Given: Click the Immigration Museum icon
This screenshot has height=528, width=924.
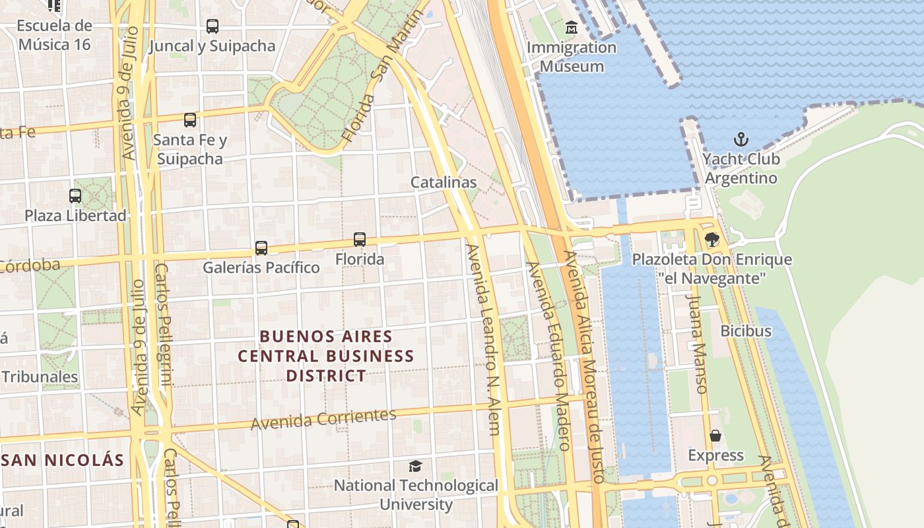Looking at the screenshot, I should pyautogui.click(x=572, y=28).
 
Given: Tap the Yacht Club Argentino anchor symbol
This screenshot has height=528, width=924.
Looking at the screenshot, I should pyautogui.click(x=741, y=139).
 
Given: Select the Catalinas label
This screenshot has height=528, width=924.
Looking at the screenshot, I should pyautogui.click(x=444, y=182).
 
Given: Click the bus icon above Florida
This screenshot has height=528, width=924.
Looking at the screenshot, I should pyautogui.click(x=360, y=240).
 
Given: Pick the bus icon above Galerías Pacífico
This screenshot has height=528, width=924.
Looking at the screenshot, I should pyautogui.click(x=261, y=248).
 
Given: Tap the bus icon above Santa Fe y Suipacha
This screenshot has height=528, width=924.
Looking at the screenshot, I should pyautogui.click(x=190, y=120).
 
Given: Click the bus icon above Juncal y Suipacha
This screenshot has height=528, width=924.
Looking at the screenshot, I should pyautogui.click(x=212, y=26).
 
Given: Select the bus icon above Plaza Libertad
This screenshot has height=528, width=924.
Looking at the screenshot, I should pyautogui.click(x=75, y=196).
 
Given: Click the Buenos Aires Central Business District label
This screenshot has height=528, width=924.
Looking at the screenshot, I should pyautogui.click(x=326, y=356).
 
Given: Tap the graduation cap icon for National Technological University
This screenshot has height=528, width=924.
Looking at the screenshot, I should pyautogui.click(x=415, y=467).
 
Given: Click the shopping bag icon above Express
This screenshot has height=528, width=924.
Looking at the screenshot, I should pyautogui.click(x=715, y=436).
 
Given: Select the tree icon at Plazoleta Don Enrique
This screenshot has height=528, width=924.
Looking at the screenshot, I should pyautogui.click(x=711, y=240).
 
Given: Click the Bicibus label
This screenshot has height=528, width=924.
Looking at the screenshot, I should pyautogui.click(x=746, y=331).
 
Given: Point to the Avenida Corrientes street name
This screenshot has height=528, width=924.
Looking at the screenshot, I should pyautogui.click(x=323, y=418).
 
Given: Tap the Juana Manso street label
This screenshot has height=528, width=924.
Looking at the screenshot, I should pyautogui.click(x=697, y=344).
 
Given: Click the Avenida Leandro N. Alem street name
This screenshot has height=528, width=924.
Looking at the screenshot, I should pyautogui.click(x=484, y=340).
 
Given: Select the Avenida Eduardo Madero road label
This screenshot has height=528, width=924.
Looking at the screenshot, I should pyautogui.click(x=547, y=356).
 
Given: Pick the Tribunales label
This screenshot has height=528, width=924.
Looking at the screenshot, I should pyautogui.click(x=40, y=377).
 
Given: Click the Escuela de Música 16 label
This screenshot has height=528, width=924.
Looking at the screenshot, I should pyautogui.click(x=55, y=35).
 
